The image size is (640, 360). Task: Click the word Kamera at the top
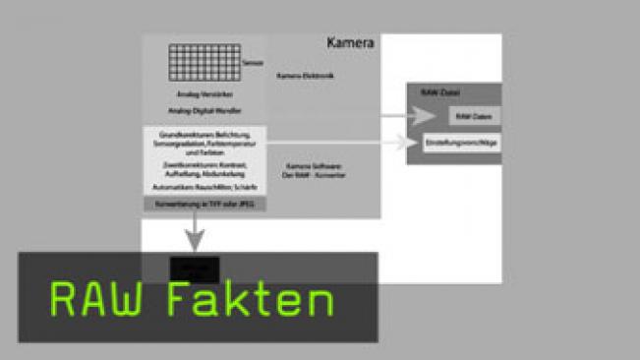click(351, 44)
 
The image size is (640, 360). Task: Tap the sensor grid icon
click(202, 64)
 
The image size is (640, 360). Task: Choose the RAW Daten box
click(469, 116)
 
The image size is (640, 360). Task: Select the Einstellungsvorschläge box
click(462, 143)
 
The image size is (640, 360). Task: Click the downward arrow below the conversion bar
click(195, 236)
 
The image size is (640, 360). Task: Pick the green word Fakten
click(249, 299)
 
